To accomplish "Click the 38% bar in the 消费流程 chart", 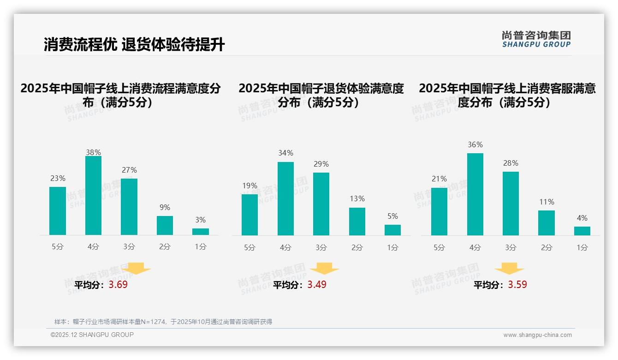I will [93, 195].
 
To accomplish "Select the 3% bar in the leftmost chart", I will [201, 232].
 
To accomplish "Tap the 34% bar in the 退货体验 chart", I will [285, 198].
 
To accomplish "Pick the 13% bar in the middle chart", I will [357, 222].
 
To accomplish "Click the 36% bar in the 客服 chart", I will [475, 194].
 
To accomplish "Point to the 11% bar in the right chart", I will [547, 223].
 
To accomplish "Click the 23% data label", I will [58, 179].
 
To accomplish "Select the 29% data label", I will [321, 164].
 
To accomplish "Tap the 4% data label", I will [582, 218].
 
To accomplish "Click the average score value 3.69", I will [118, 285].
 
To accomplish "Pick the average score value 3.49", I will [317, 285].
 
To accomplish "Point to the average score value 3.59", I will [517, 285].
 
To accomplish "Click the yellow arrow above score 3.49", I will [324, 269].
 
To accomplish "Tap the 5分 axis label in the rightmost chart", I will [439, 248].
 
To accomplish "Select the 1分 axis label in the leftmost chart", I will [201, 247].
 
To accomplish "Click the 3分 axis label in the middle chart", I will [321, 248].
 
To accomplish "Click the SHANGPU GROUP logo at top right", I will [536, 39].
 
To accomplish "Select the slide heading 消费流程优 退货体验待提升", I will [134, 45].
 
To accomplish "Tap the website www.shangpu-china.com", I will [537, 335].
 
